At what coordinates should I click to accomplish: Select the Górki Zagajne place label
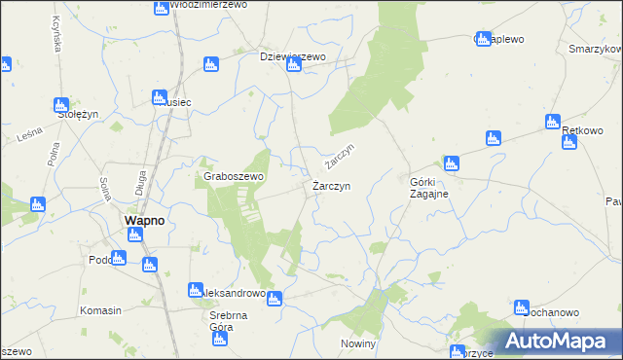(427, 187)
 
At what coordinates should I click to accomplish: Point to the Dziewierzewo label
(292, 56)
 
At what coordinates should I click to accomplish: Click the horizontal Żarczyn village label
(332, 185)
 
